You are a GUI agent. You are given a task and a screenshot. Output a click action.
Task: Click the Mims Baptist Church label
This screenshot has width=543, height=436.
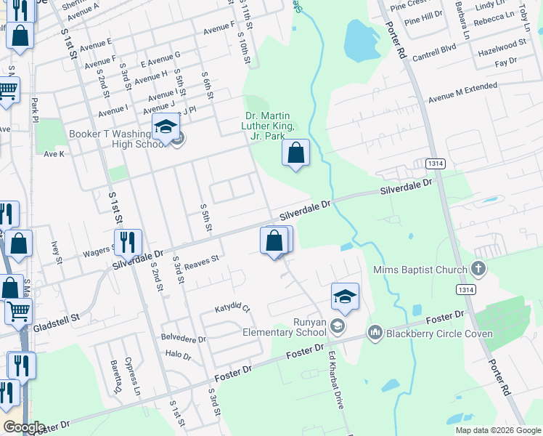coord(420,270)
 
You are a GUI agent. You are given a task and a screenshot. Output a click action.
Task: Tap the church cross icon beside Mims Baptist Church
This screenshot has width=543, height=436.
coord(478,270)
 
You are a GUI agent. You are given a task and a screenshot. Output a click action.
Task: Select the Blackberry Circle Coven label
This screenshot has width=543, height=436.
coord(440,334)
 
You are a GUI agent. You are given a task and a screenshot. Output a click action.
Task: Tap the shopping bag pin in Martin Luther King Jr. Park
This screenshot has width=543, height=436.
coord(295,153)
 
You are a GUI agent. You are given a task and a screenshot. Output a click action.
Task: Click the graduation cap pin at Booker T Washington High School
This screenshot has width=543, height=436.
coord(166,129)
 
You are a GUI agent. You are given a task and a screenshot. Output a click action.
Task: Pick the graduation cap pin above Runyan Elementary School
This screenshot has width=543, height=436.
coord(346,297)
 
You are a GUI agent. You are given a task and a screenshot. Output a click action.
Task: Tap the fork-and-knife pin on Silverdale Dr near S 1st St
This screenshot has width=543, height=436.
coord(128,243)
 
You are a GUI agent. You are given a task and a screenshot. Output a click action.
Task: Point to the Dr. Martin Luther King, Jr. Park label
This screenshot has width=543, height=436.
coord(270,126)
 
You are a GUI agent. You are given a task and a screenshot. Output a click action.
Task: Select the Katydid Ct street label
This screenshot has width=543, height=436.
coord(232,309)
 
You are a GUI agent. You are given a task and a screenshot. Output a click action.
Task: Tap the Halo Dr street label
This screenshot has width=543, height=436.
coord(178,355)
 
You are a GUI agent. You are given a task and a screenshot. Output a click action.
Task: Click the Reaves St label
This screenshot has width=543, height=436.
coord(201,260)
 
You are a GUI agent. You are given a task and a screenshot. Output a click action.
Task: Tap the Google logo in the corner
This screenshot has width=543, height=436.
coord(23,427)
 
